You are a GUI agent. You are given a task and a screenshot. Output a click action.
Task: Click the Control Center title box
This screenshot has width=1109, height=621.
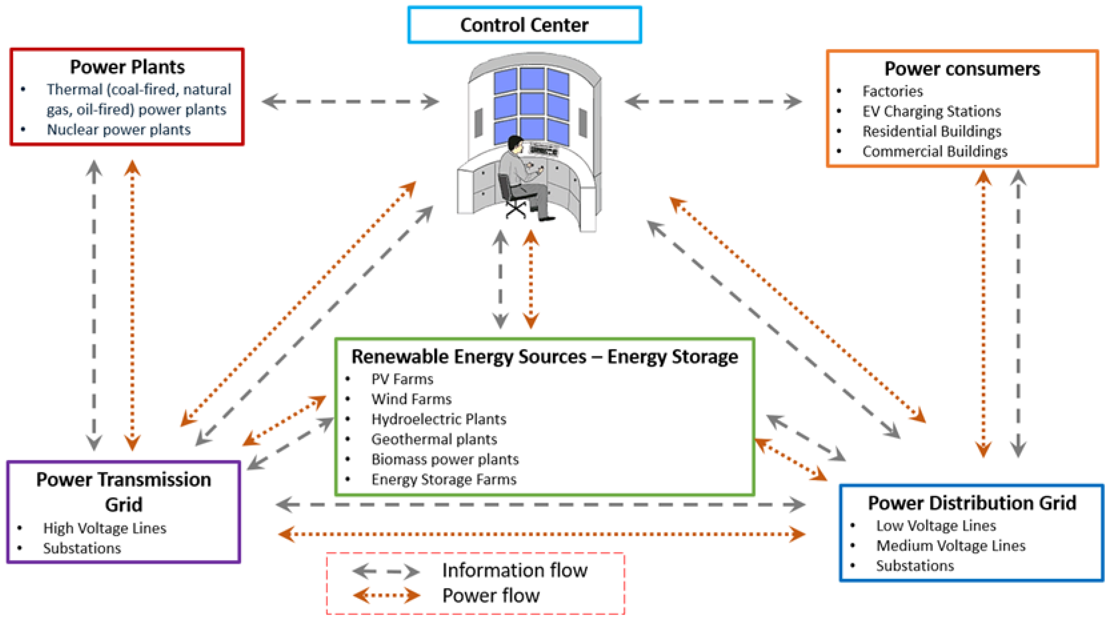pyautogui.click(x=524, y=25)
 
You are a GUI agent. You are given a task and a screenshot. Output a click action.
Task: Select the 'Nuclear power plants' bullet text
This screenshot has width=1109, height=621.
pyautogui.click(x=118, y=130)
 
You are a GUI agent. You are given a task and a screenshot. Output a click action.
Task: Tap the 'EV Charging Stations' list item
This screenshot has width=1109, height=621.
pyautogui.click(x=931, y=111)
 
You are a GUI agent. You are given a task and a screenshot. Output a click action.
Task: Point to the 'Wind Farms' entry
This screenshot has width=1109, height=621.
pyautogui.click(x=411, y=399)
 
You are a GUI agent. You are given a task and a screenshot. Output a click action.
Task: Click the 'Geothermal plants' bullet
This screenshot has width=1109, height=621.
pyautogui.click(x=434, y=439)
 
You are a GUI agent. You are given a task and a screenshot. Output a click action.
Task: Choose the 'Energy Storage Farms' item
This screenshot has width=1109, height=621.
pyautogui.click(x=443, y=479)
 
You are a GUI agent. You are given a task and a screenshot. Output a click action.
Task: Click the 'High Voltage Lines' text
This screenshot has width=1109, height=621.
pyautogui.click(x=105, y=528)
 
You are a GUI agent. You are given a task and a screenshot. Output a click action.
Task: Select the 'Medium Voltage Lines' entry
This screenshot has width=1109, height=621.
pyautogui.click(x=950, y=546)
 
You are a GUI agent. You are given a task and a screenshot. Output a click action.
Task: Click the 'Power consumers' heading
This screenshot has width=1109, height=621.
pyautogui.click(x=962, y=69)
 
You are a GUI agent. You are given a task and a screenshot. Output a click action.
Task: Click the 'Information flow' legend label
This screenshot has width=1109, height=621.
pyautogui.click(x=514, y=570)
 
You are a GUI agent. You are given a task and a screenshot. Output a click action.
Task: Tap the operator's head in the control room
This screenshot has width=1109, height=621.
pyautogui.click(x=515, y=143)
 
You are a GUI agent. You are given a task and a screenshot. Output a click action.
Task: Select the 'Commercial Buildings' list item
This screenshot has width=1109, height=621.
pyautogui.click(x=935, y=151)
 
